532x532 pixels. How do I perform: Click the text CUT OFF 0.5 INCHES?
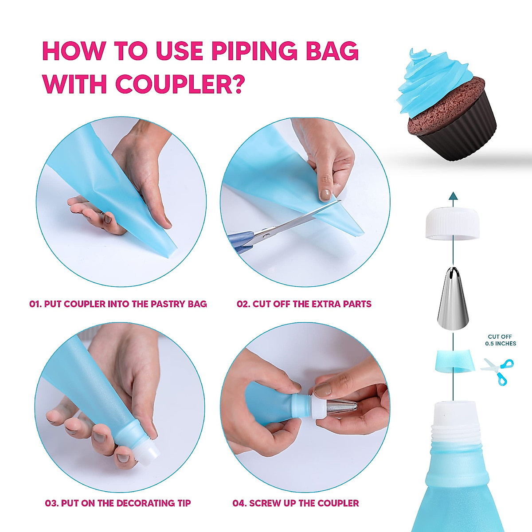pos(500,340)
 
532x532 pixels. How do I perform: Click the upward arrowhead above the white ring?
pos(453,196)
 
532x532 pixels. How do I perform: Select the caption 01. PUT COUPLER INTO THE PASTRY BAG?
pos(118,304)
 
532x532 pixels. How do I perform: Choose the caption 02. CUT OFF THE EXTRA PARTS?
pos(304,304)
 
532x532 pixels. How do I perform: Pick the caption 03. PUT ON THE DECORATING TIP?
pos(118,503)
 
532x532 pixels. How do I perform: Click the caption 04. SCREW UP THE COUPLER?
pos(296,503)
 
